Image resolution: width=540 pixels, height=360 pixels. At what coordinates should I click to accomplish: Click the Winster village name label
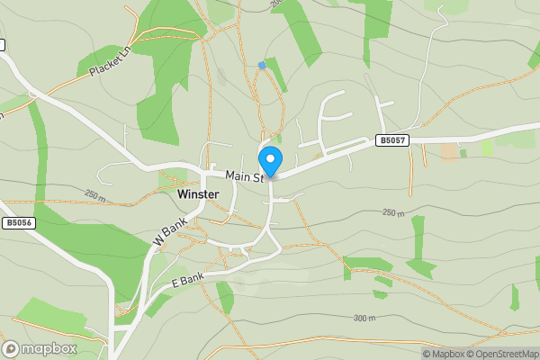point(199,193)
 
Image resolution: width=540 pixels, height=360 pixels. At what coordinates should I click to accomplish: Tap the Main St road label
point(243,176)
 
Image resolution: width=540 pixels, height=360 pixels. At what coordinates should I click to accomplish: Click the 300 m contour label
point(364,319)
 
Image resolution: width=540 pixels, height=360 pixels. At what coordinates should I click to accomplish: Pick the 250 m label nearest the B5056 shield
point(94,194)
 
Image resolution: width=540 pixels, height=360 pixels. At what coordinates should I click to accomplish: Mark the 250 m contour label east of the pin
point(393,213)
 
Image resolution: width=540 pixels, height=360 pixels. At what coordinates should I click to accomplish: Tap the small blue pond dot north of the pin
point(262,65)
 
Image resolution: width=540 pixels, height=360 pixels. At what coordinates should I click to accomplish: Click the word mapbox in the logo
point(49,347)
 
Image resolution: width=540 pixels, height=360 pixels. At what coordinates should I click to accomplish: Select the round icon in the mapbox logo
point(11,347)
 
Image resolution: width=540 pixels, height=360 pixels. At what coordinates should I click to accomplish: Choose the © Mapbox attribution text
point(444,354)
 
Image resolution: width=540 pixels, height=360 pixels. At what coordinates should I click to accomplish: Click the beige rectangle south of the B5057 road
point(448,150)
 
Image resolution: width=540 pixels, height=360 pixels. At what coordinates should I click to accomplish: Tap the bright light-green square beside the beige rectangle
point(487,148)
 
